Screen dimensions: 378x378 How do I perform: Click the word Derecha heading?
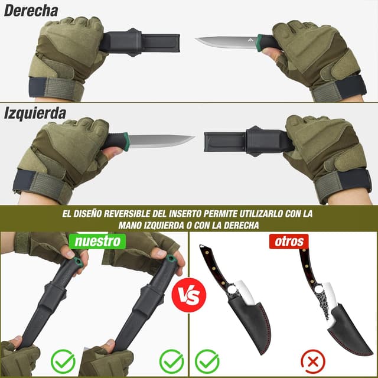pyautogui.click(x=31, y=11)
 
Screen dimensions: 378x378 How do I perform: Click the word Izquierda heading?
pyautogui.click(x=35, y=113)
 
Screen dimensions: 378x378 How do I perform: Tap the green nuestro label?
pyautogui.click(x=97, y=242)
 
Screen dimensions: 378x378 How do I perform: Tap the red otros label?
pyautogui.click(x=289, y=242)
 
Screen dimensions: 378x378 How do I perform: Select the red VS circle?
pyautogui.click(x=189, y=295)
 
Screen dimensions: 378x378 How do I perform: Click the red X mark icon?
pyautogui.click(x=313, y=361)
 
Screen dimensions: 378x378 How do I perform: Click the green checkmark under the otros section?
pyautogui.click(x=207, y=361)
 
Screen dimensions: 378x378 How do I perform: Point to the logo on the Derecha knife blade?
pyautogui.click(x=250, y=40)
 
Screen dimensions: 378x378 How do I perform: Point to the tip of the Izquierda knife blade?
pyautogui.click(x=194, y=137)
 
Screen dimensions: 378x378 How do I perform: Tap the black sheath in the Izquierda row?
pyautogui.click(x=249, y=142)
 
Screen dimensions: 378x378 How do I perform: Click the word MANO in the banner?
pyautogui.click(x=130, y=226)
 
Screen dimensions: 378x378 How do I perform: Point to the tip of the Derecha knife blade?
pyautogui.click(x=195, y=38)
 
